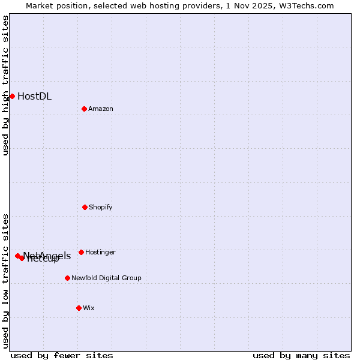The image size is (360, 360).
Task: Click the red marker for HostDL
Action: [12, 96]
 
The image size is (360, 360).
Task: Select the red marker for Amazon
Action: [84, 109]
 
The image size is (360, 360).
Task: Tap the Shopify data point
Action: [85, 207]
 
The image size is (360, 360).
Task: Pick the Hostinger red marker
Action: [81, 252]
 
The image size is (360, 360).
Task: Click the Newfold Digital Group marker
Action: [67, 278]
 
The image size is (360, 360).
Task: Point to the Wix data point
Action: [79, 308]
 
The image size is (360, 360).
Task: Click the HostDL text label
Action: [34, 96]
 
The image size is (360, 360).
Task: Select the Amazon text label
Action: [100, 109]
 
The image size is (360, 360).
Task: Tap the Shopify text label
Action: [100, 207]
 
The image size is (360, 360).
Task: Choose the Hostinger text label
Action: [100, 252]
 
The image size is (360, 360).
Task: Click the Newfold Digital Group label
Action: [106, 278]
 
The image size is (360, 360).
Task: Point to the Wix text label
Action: [88, 308]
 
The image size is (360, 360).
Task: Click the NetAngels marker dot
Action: [17, 256]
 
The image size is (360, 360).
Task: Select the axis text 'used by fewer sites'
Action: [62, 355]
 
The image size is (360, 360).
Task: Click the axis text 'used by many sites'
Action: [301, 355]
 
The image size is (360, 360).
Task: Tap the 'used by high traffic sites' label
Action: [5, 85]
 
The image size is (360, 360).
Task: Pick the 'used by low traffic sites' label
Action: [5, 280]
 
